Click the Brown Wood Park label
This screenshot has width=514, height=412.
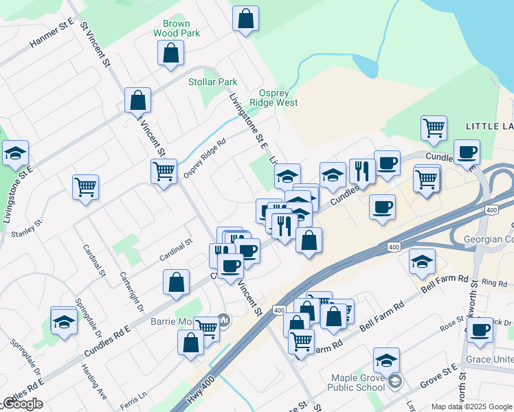177,28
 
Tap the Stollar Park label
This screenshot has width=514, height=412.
213,82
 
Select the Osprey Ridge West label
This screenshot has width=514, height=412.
273,98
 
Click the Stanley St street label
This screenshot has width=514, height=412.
27,229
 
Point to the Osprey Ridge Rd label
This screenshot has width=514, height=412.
205,159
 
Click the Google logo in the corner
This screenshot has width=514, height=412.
23,404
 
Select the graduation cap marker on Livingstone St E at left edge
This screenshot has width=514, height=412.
14,154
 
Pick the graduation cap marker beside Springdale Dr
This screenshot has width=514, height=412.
64,321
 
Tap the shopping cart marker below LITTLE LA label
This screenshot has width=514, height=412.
434,128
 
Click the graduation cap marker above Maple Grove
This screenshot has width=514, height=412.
386,360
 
